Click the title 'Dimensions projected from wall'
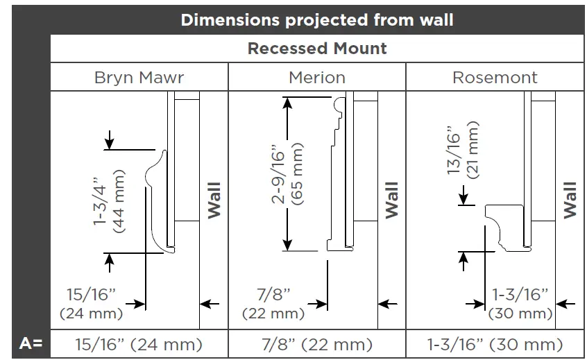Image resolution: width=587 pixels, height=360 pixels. click(317, 19)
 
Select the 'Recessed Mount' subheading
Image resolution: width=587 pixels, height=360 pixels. click(317, 49)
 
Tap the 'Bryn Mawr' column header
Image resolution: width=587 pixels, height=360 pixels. click(139, 77)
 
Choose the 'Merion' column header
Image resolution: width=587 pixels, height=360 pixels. click(317, 77)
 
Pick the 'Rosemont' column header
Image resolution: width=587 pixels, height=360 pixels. click(495, 77)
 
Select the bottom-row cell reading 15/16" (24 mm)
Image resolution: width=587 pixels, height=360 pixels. click(139, 343)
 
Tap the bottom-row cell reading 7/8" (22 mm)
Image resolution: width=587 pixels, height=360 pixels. click(317, 343)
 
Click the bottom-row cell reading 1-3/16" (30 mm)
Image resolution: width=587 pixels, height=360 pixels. click(495, 343)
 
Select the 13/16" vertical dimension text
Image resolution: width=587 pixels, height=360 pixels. click(454, 151)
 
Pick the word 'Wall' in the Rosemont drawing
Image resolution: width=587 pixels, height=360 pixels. click(570, 200)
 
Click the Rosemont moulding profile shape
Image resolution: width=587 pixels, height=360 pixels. click(502, 225)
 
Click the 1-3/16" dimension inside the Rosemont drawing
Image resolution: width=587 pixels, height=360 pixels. click(520, 294)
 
